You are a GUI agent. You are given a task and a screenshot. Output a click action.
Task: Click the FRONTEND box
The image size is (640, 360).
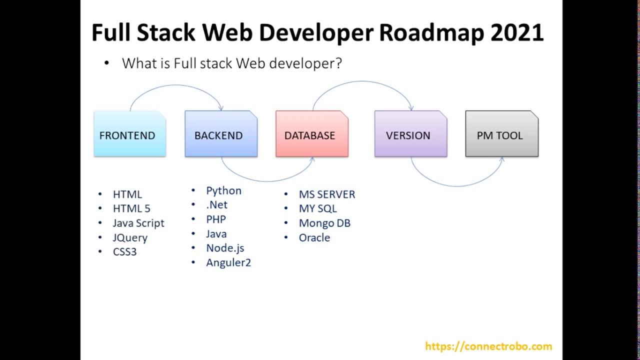point(129,134)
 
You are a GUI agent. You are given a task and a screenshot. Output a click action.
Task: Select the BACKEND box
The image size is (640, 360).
point(221,134)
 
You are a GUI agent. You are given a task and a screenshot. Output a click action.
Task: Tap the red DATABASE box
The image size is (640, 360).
point(311,134)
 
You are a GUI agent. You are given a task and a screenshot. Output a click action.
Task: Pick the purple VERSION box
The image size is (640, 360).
point(410,134)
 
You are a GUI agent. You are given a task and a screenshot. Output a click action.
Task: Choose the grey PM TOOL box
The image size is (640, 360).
point(501,134)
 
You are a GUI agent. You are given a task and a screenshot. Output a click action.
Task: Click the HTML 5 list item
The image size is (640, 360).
point(131,208)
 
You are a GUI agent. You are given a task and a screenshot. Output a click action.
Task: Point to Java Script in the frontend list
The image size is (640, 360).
point(138,223)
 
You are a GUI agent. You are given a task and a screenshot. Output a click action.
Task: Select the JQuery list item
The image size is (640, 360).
point(130,237)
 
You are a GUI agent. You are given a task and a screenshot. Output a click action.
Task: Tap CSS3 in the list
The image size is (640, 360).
point(124,252)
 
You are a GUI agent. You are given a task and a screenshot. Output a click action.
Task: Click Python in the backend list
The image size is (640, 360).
point(223,190)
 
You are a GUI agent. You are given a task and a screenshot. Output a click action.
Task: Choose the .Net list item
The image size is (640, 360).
point(216,205)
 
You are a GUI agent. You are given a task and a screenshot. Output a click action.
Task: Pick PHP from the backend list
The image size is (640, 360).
point(216,219)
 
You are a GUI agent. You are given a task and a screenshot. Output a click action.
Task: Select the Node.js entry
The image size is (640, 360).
point(225,248)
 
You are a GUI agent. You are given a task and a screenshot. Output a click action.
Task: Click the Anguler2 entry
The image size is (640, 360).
point(228,262)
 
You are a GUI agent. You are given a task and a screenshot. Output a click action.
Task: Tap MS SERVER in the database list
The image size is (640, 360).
point(327,194)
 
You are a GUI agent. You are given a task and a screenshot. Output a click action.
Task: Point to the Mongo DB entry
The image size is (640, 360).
point(324,223)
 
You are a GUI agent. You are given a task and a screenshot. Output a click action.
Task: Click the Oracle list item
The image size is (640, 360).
point(314,237)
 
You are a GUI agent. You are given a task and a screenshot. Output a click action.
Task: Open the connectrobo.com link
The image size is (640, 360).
point(488,346)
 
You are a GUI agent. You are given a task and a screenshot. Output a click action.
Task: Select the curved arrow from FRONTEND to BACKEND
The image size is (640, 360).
point(175,85)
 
